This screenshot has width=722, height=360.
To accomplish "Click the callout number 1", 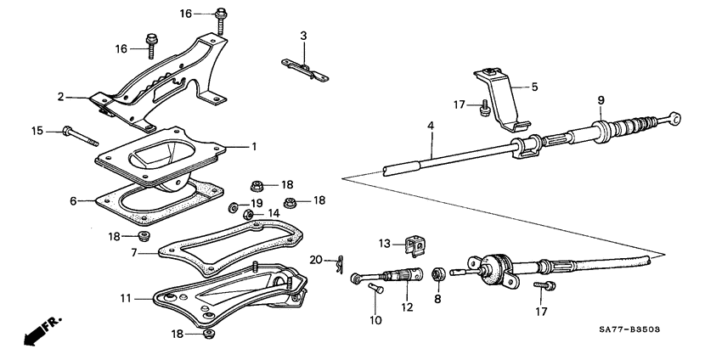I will [x=253, y=146].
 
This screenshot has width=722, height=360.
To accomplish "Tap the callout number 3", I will [x=303, y=36].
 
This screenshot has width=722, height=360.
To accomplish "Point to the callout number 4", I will [x=431, y=127].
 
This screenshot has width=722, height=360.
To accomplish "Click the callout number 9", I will [x=601, y=100].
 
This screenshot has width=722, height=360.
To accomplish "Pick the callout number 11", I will [x=126, y=299].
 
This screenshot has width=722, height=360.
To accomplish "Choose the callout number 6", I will [x=74, y=201].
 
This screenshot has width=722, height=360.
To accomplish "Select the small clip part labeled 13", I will [x=415, y=245].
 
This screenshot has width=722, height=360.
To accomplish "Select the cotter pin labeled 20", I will [x=338, y=265].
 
